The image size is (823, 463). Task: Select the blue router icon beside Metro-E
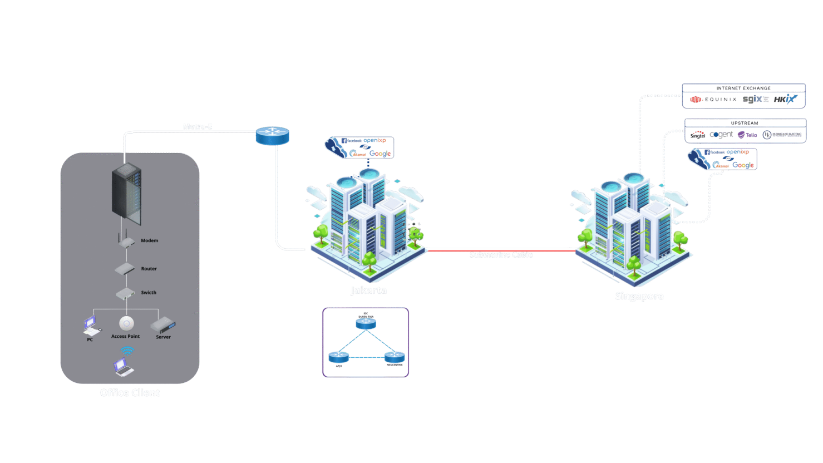click(x=272, y=135)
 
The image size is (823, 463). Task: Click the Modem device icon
click(x=127, y=241)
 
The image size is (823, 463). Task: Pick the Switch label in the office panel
click(x=149, y=293)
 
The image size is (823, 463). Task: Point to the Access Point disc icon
click(x=126, y=323)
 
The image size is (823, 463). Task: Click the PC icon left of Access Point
click(x=91, y=326)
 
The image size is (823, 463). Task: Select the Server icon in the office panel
click(x=162, y=325)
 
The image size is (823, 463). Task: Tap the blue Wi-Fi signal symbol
click(x=127, y=351)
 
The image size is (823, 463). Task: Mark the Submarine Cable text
click(x=501, y=255)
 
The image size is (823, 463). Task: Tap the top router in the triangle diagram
click(x=366, y=323)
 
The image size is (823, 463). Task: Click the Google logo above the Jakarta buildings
click(x=380, y=154)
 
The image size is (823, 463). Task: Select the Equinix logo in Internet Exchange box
click(x=713, y=100)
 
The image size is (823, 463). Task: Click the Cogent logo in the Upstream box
click(x=721, y=135)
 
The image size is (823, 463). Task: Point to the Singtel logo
click(x=697, y=135)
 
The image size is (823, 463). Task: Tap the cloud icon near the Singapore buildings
click(x=698, y=159)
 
